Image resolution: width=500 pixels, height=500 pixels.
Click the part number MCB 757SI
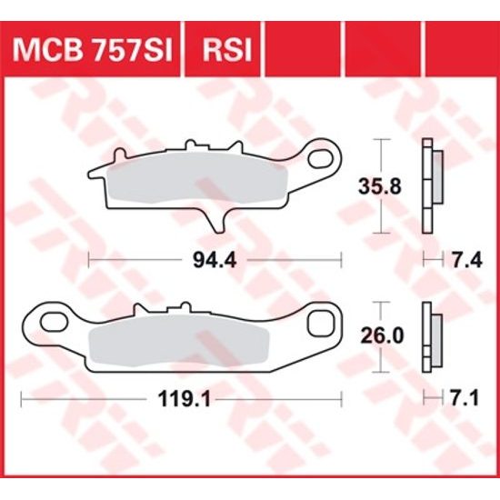95,45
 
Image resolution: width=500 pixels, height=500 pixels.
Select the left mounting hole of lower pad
45,320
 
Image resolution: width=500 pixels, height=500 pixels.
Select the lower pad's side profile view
431,336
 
